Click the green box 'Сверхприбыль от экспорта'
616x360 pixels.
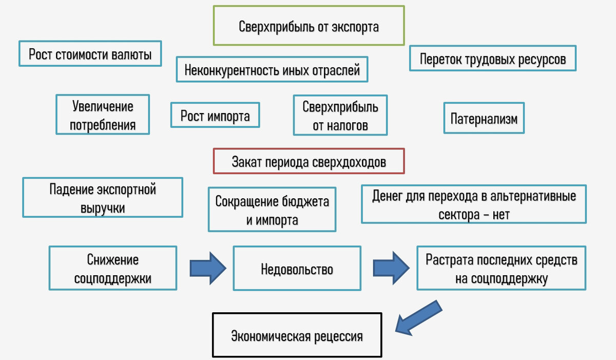(x=309, y=26)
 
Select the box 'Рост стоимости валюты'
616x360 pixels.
(x=90, y=54)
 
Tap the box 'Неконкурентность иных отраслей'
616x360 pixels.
(x=272, y=69)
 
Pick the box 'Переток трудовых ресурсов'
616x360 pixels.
(x=493, y=59)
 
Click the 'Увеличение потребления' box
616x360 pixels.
(x=103, y=115)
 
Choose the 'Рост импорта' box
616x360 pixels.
(x=215, y=116)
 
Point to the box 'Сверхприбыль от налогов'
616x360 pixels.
(x=340, y=115)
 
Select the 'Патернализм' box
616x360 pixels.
(x=484, y=119)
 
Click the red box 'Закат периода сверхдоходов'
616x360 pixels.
(x=309, y=161)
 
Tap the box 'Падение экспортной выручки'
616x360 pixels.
(x=103, y=198)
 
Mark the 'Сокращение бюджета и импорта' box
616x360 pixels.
(x=272, y=209)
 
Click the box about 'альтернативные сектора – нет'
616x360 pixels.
(x=474, y=204)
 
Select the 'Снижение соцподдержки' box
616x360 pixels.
(x=113, y=269)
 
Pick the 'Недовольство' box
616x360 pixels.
(x=297, y=269)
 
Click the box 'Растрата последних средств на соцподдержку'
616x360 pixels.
(x=502, y=268)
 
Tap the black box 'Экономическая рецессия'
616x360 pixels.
(x=297, y=336)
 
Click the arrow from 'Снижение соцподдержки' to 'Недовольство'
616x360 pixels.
(x=208, y=268)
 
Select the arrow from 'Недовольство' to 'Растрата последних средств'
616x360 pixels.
(x=391, y=268)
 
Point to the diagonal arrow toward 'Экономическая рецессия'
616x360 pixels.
(x=418, y=319)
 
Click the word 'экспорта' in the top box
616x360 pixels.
(x=354, y=26)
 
